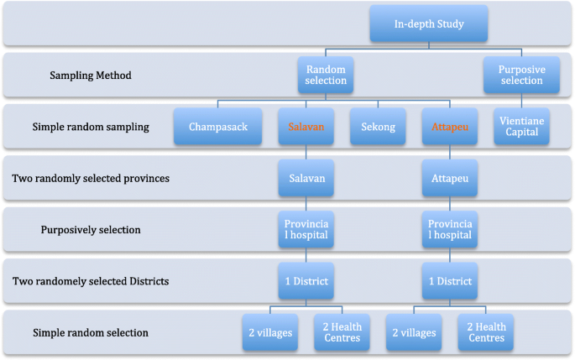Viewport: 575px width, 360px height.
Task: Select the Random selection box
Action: point(327,75)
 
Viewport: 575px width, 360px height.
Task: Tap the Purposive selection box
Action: point(515,75)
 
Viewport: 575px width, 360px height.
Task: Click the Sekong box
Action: point(378,127)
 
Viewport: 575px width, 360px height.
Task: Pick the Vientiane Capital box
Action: point(521,127)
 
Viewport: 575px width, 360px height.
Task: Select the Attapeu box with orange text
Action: point(450,127)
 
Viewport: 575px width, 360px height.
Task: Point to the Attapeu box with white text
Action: point(450,179)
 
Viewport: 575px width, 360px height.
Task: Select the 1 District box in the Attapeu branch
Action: point(450,281)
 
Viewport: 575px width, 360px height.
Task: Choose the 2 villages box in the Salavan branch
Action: point(269,332)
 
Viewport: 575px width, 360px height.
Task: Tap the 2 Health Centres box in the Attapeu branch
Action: point(486,332)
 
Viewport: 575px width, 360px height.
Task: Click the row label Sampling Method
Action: point(90,76)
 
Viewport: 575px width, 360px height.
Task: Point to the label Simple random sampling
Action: point(91,128)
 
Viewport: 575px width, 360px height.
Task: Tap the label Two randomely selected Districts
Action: point(91,281)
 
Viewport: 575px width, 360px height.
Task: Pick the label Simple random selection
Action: point(91,333)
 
